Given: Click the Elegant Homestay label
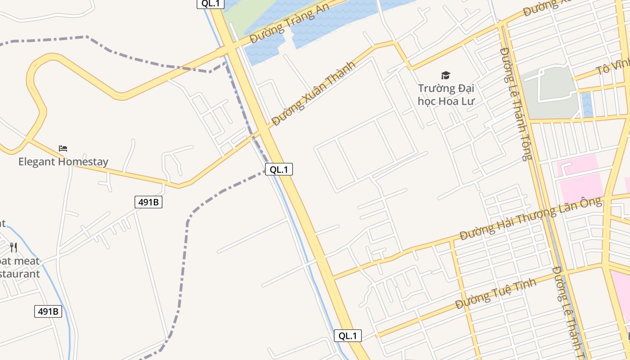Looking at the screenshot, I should (63, 162).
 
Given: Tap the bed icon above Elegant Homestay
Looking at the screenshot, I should (63, 148).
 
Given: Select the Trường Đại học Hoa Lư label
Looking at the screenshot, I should (445, 94).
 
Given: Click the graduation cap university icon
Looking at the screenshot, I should (445, 75).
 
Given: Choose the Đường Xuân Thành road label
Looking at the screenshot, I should (314, 93).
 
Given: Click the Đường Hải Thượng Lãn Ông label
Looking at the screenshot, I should (531, 218).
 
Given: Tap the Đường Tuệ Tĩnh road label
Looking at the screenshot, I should (496, 293).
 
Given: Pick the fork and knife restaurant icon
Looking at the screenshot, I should (13, 247).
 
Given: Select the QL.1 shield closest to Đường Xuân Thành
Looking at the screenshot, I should (279, 169).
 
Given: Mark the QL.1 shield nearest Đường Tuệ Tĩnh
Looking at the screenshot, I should (347, 335).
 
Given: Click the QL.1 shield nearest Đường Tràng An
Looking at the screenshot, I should (211, 4).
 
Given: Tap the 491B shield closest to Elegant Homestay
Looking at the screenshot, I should (148, 202).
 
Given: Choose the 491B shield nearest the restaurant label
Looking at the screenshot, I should (48, 311).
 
